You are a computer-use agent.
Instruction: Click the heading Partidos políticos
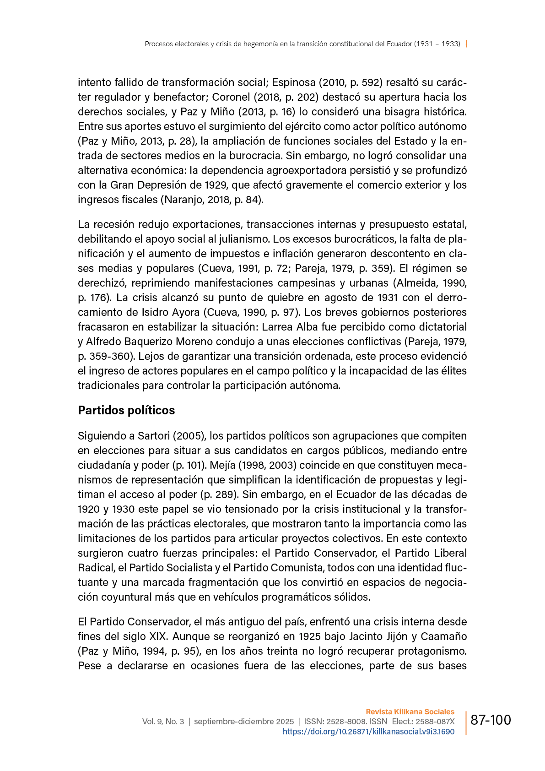pos(126,410)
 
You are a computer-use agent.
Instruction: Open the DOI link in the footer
pos(368,732)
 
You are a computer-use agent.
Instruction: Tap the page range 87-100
pos(491,720)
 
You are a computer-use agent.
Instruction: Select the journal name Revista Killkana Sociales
pos(410,711)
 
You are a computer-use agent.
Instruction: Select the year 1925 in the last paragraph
pos(313,636)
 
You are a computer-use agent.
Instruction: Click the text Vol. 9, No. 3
pos(163,722)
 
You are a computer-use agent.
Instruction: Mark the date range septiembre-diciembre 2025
pos(244,722)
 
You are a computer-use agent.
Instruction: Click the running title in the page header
pos(302,44)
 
